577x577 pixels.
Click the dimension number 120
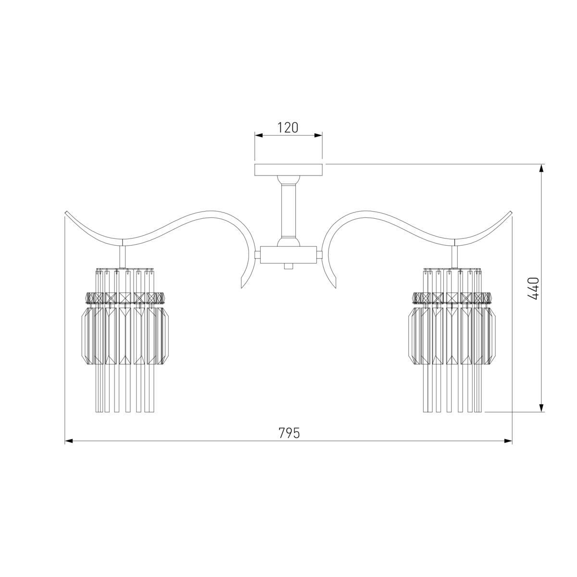tap(288, 127)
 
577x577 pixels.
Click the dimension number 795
tap(289, 433)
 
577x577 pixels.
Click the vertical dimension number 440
tap(533, 288)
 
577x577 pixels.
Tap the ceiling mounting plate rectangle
tap(288, 170)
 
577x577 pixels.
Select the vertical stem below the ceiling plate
tap(288, 211)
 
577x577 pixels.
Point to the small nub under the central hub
tap(288, 266)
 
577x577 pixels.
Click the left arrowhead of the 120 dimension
tap(258, 135)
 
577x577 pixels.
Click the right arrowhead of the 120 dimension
tap(318, 135)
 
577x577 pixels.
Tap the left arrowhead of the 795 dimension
tap(69, 441)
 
